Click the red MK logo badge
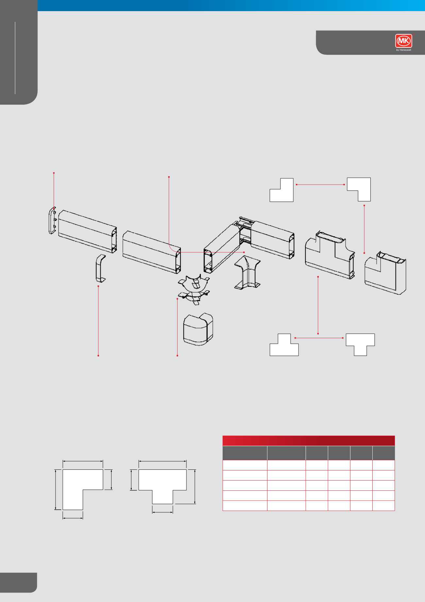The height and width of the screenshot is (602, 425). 404,41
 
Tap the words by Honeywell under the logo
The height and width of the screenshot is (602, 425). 404,50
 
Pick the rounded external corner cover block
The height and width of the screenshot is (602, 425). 198,329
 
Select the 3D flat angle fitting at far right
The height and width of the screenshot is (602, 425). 385,273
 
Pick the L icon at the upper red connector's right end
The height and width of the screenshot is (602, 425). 359,189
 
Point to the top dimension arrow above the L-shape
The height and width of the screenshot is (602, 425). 83,461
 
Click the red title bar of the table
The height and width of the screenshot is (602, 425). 309,441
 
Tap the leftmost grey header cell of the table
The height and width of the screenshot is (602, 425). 245,453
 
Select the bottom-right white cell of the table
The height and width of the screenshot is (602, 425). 384,506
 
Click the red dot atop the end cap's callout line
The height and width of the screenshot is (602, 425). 54,173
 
